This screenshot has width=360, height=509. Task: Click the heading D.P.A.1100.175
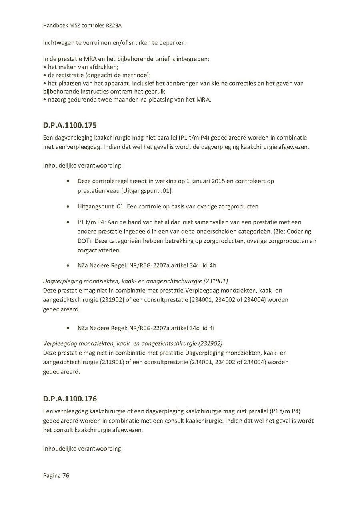(x=70, y=126)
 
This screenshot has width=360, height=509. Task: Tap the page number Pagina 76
(x=56, y=476)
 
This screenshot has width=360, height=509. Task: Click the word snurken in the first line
(x=138, y=43)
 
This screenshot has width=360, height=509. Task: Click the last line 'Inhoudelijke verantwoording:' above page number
(x=82, y=449)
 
